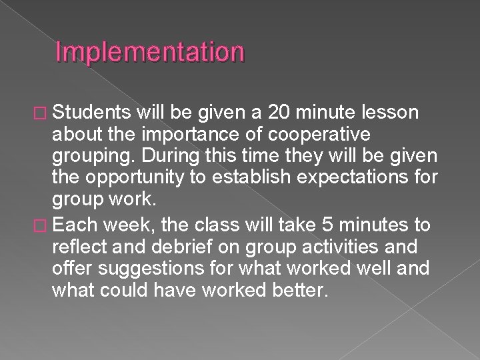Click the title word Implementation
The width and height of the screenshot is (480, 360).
pos(150,52)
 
